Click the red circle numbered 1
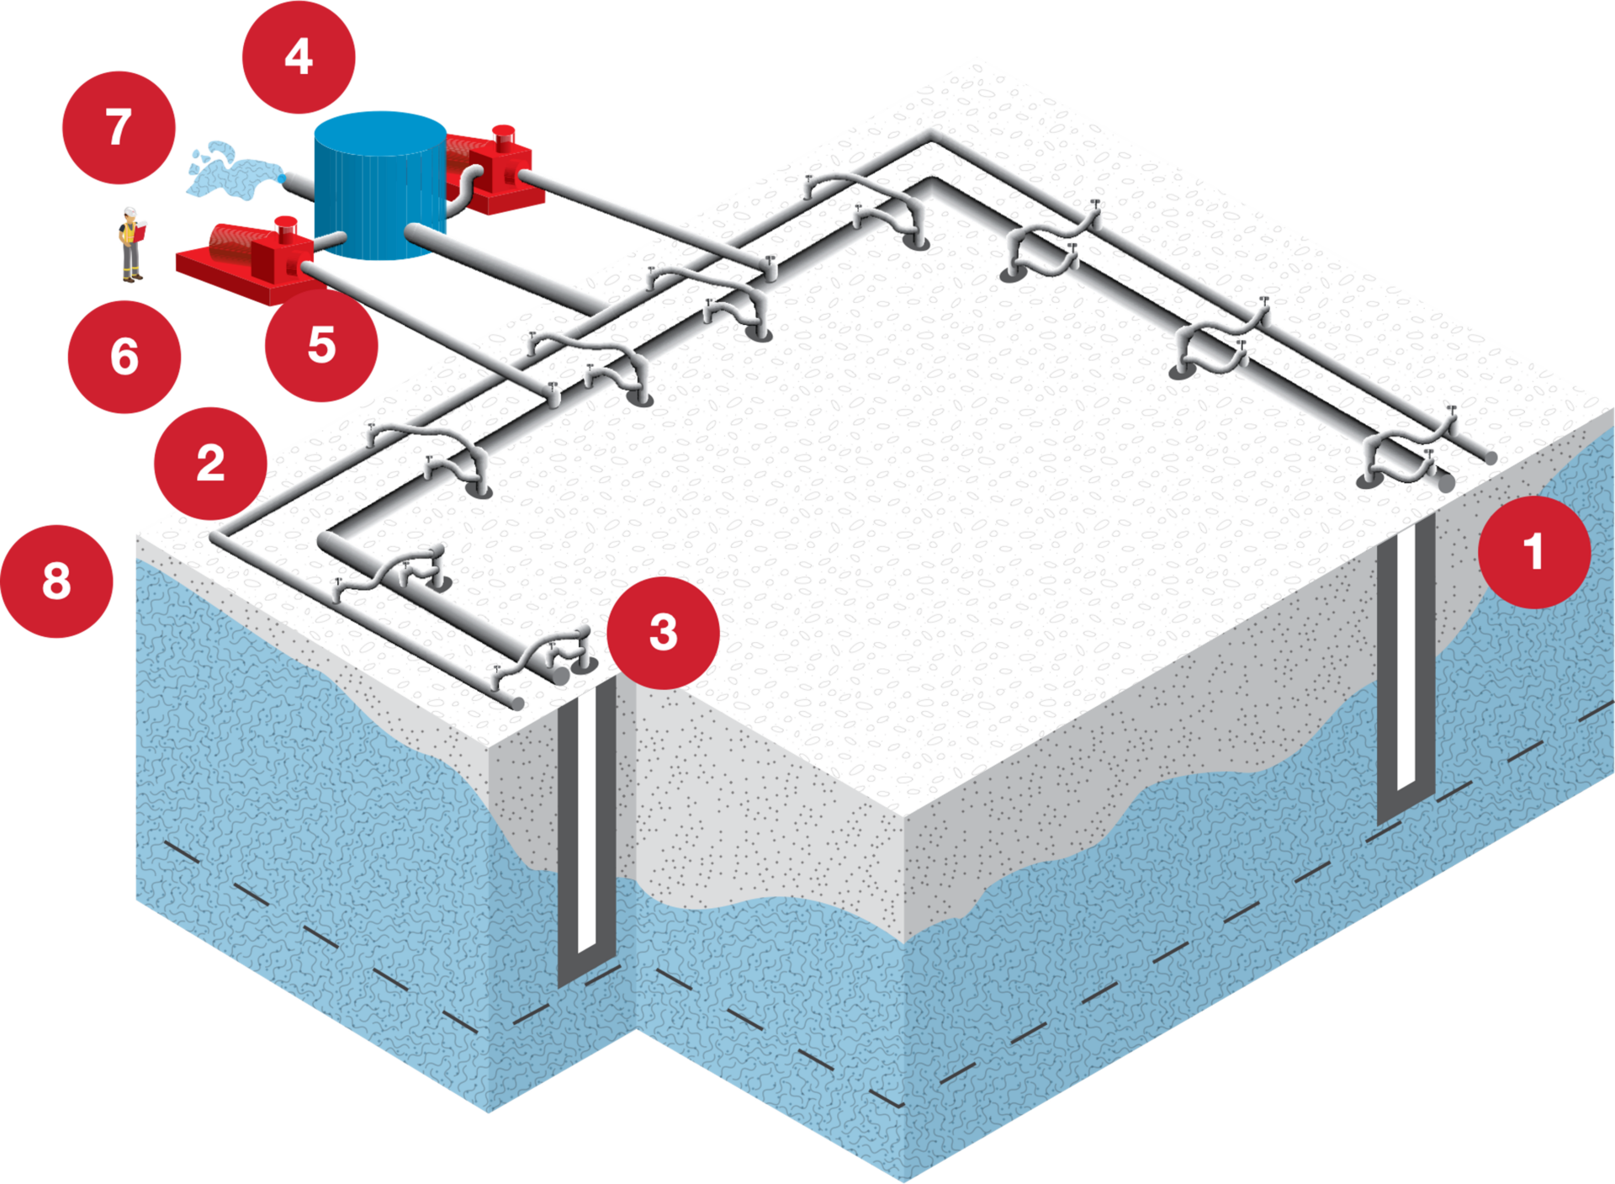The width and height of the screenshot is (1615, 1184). [1534, 552]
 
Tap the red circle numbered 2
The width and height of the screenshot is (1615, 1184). [210, 463]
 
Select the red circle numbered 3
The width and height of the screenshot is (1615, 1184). [663, 632]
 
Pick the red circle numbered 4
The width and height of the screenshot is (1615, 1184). [299, 57]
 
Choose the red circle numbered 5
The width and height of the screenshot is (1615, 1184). [321, 345]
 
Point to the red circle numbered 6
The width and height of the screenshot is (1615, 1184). [124, 356]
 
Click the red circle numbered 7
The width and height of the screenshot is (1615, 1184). [119, 127]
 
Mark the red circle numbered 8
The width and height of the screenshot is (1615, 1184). [56, 581]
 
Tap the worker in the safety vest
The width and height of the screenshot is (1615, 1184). [130, 245]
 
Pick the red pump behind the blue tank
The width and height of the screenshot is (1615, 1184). [492, 173]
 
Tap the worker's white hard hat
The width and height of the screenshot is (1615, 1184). [130, 210]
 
